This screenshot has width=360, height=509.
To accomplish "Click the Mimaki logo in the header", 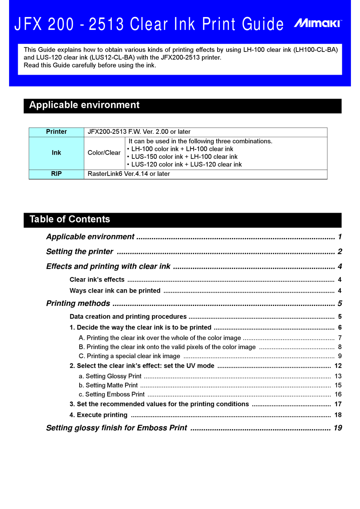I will coord(318,23).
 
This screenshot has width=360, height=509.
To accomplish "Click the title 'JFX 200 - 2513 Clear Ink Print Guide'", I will coord(149,24).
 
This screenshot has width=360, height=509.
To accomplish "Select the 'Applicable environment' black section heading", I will coord(85,105).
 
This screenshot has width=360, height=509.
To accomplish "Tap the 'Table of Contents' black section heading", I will coord(70,219).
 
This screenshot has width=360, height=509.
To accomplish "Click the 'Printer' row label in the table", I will coord(56,132).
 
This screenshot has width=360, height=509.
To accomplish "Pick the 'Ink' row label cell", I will coord(56,153).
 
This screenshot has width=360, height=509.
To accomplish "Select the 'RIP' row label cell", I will coord(56,174).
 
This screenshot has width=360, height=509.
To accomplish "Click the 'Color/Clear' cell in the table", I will coord(104,153).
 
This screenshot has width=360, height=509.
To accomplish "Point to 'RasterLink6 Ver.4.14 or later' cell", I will coord(129,174).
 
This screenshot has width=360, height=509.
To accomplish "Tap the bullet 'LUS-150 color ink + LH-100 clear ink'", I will coord(184,157).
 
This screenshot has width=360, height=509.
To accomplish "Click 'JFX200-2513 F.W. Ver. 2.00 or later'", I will coord(139,132).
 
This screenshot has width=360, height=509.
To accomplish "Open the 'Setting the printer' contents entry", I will coord(80,252).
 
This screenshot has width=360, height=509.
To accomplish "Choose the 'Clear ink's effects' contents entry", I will coord(97,280).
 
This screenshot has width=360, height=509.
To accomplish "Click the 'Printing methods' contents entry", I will coord(78,304).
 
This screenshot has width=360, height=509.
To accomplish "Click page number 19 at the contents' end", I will coord(338,428).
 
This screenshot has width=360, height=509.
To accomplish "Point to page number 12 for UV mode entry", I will coord(338,366).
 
